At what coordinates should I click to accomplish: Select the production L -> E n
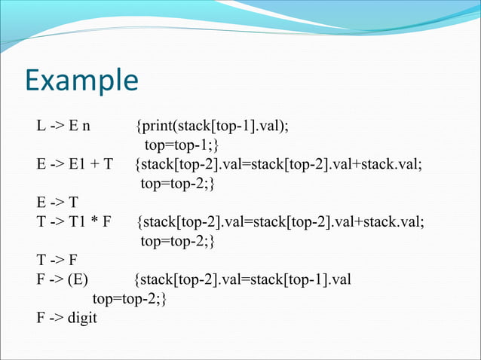point(69,124)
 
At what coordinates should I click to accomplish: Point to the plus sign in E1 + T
point(89,163)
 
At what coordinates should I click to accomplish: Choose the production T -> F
point(57,261)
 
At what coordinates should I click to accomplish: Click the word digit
point(82,319)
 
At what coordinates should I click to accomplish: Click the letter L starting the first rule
point(41,124)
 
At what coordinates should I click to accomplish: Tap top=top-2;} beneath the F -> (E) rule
point(129,299)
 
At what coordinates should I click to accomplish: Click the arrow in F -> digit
point(57,319)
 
